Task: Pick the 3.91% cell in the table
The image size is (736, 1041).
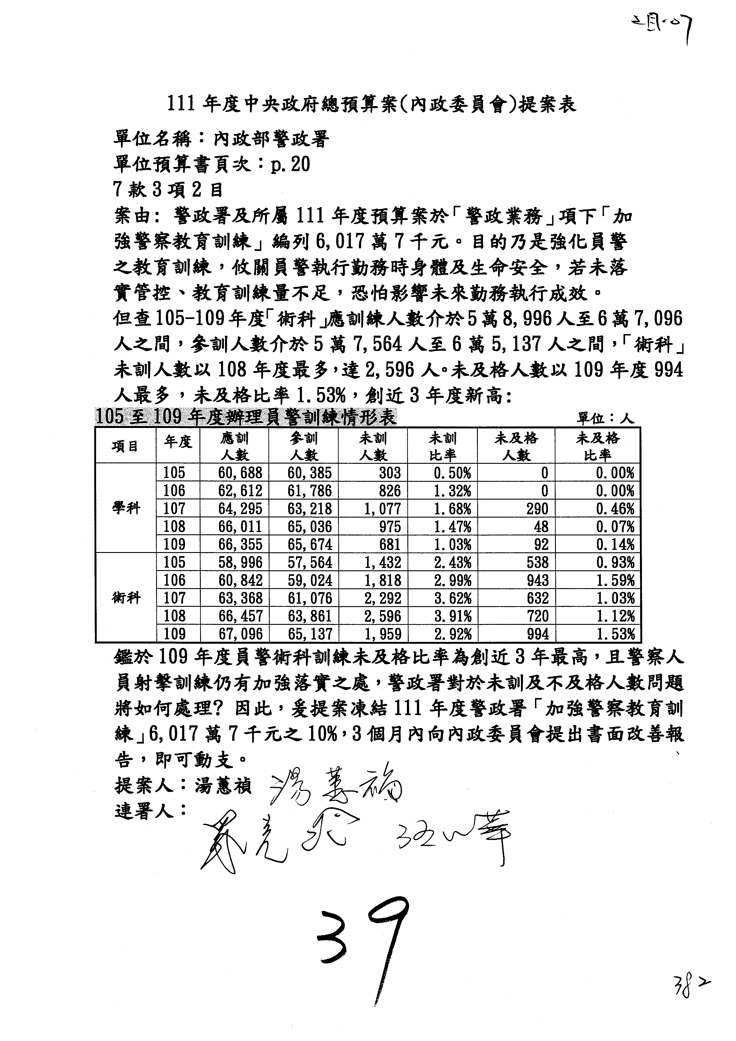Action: point(452,616)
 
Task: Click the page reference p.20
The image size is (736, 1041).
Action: point(290,164)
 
